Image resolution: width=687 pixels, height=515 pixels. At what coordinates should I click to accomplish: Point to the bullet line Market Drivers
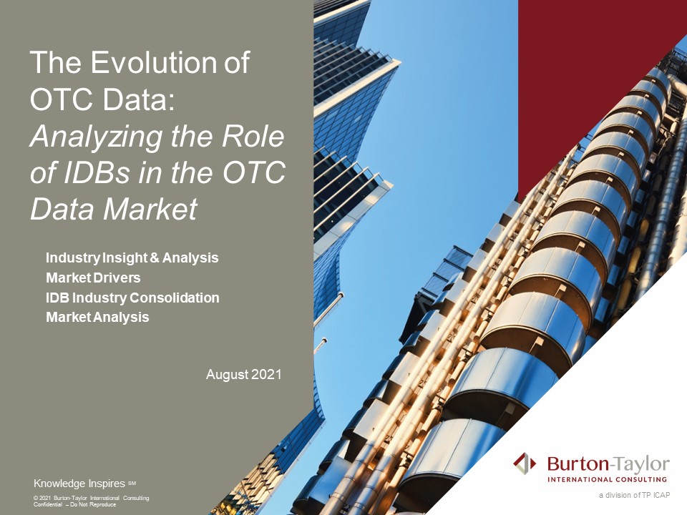[93, 278]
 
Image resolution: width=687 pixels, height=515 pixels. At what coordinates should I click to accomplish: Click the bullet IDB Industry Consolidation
[132, 298]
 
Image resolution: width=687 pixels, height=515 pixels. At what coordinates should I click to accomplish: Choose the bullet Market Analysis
[97, 317]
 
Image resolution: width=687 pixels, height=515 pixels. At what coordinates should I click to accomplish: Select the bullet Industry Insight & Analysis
[132, 258]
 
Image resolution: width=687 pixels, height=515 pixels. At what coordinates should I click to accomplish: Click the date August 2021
[243, 374]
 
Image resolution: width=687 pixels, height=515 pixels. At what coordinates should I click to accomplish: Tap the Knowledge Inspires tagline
[79, 484]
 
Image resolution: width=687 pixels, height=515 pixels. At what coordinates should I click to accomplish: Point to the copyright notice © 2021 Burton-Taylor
[91, 498]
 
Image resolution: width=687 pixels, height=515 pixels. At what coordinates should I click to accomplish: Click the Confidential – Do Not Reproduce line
[74, 504]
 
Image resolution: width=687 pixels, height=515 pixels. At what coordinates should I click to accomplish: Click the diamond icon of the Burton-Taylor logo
[525, 463]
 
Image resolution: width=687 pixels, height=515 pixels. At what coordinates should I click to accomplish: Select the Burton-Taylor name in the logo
[608, 463]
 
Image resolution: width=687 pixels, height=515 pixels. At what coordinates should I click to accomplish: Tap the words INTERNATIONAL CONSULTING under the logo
[608, 479]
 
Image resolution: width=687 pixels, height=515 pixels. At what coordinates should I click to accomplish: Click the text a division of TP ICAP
[635, 495]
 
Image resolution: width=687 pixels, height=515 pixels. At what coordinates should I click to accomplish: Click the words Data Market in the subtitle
[114, 209]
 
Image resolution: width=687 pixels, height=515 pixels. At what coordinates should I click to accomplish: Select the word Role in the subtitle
[253, 137]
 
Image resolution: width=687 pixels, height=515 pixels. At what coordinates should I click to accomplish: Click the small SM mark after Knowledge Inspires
[132, 483]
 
